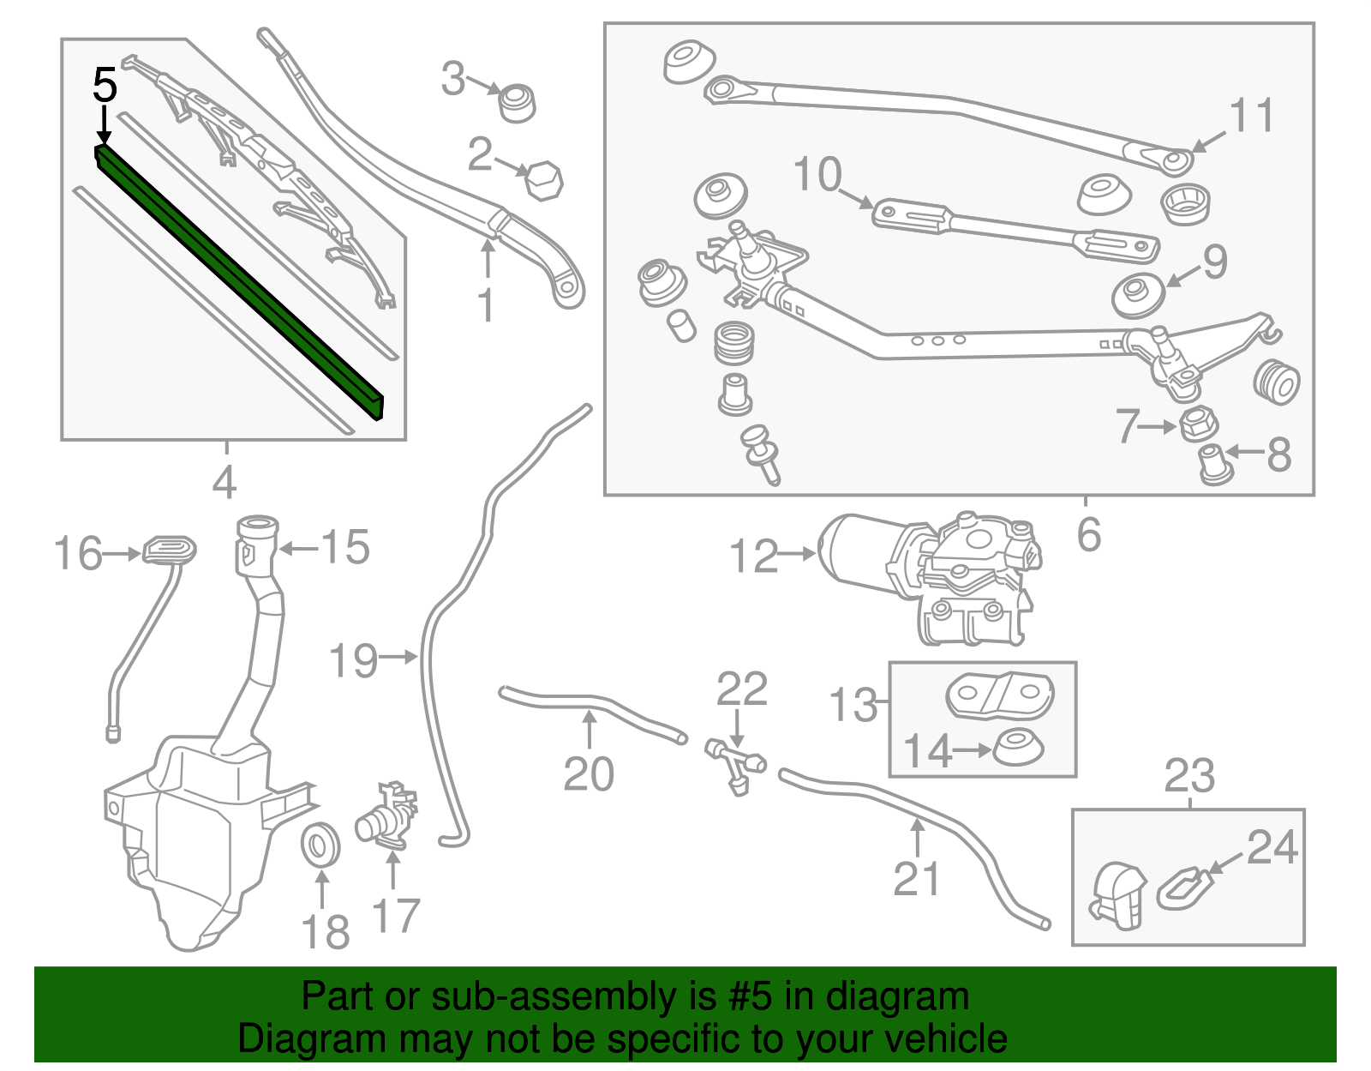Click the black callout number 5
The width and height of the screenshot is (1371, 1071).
[105, 86]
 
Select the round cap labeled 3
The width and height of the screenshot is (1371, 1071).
[518, 103]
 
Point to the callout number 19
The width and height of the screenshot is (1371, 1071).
[353, 661]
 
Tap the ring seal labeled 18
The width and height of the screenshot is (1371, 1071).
[322, 845]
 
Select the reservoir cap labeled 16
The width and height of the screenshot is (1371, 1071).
[168, 549]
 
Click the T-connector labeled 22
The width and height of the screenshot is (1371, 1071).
[735, 762]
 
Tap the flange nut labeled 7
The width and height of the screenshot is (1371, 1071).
[1199, 424]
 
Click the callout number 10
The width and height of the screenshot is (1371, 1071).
[817, 174]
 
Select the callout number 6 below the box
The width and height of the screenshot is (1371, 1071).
[1088, 535]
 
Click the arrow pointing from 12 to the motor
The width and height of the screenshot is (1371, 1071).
[798, 554]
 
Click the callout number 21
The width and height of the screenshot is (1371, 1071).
[916, 879]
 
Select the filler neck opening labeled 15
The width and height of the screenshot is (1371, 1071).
[257, 525]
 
